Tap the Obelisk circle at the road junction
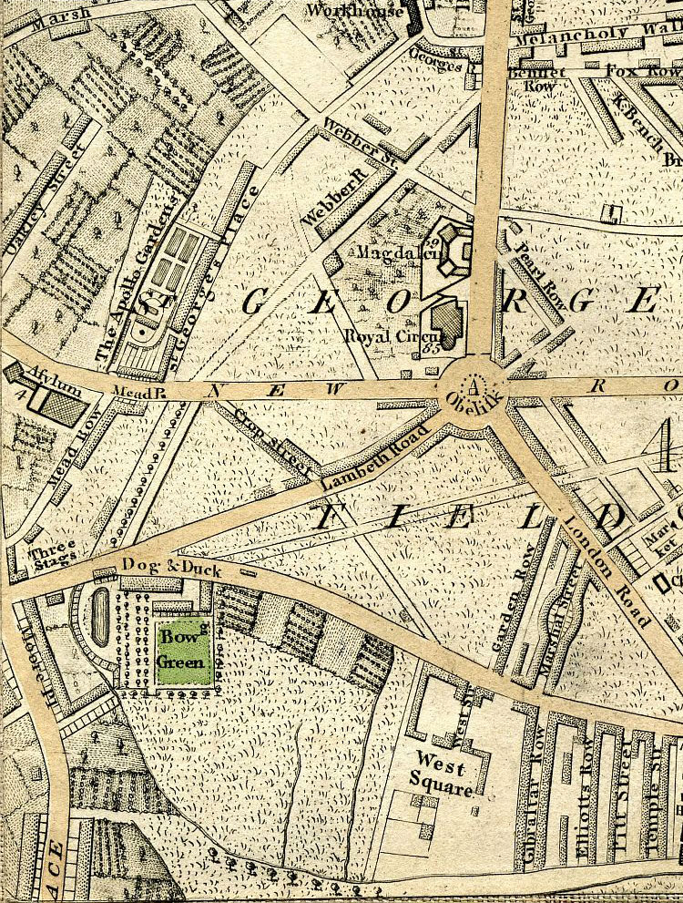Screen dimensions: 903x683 tap(473, 387)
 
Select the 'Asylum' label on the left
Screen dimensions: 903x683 tap(32, 375)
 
